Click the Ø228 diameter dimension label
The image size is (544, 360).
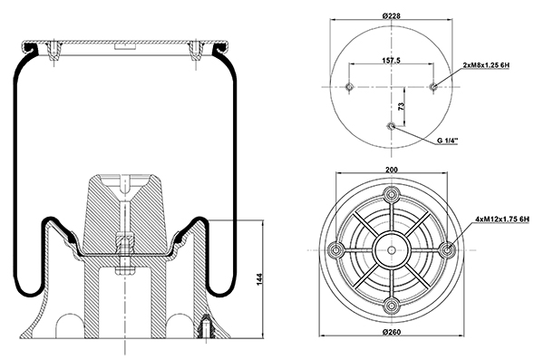pyautogui.click(x=392, y=15)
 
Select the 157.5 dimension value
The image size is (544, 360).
pyautogui.click(x=392, y=61)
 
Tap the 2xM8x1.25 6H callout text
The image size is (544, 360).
pyautogui.click(x=486, y=65)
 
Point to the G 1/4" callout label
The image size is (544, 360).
pyautogui.click(x=447, y=141)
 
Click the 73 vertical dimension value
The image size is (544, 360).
pyautogui.click(x=401, y=106)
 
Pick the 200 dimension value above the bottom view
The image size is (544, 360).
pyautogui.click(x=392, y=170)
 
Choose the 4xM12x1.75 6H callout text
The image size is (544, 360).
pyautogui.click(x=502, y=219)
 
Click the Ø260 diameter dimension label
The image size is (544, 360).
pyautogui.click(x=392, y=332)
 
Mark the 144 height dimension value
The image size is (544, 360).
pyautogui.click(x=259, y=279)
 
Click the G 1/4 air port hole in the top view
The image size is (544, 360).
pyautogui.click(x=392, y=126)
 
